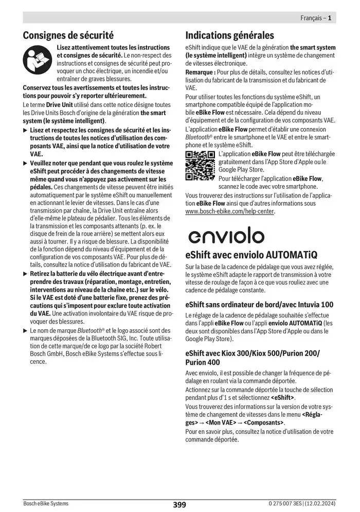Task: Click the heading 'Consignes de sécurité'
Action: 68,36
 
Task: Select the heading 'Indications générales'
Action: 229,36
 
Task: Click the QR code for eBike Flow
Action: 200,166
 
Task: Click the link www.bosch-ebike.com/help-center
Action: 230,211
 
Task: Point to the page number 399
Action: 179,504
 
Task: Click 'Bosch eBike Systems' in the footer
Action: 46,503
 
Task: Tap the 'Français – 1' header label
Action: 315,18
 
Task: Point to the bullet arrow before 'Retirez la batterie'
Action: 26,273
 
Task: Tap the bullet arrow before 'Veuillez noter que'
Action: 26,163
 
